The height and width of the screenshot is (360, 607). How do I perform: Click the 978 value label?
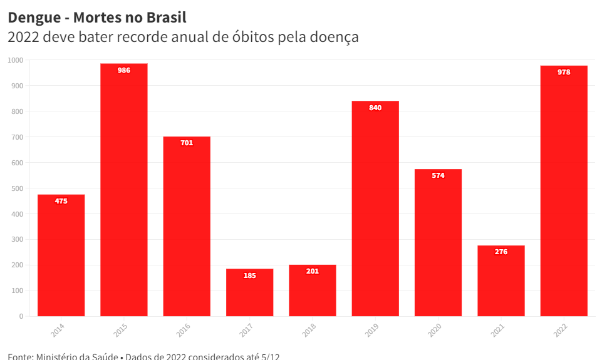click(x=564, y=73)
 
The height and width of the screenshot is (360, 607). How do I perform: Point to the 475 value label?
click(x=61, y=202)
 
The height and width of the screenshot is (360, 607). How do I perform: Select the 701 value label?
click(x=187, y=143)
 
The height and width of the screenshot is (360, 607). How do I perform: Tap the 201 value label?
click(x=312, y=272)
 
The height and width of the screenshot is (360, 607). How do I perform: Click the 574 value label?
click(x=438, y=176)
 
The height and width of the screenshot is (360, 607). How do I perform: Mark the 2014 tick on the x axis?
click(x=58, y=330)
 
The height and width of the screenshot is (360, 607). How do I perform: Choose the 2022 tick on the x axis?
click(x=560, y=330)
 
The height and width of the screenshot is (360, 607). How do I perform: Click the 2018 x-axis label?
click(x=309, y=330)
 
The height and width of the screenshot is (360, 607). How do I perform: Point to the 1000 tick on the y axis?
click(x=16, y=60)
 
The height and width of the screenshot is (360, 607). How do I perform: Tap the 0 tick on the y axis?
click(x=21, y=317)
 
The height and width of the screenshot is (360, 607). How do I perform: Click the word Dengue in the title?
click(x=34, y=18)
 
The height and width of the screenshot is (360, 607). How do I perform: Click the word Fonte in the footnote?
click(x=20, y=356)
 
